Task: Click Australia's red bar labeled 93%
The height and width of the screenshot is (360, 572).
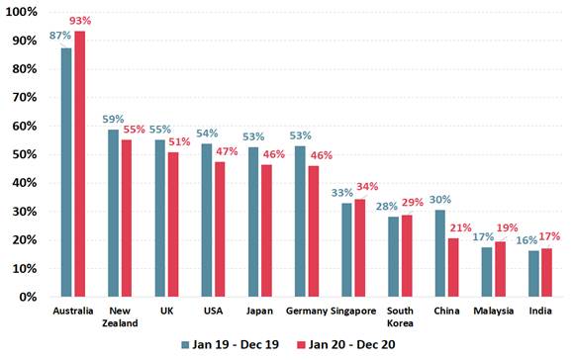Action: (x=80, y=163)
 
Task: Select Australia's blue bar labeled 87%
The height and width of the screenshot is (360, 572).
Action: (x=66, y=172)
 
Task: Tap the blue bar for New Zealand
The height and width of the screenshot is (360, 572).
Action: (x=113, y=213)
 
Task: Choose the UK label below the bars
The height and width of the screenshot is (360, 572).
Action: (x=166, y=312)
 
